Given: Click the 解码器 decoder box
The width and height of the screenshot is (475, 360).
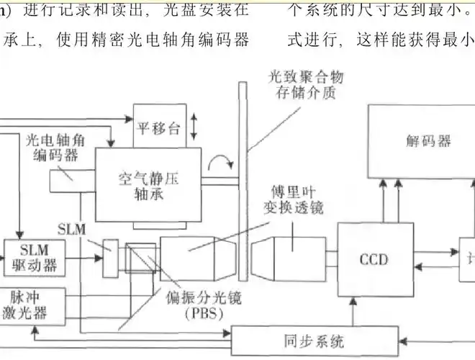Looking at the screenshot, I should tap(420, 141).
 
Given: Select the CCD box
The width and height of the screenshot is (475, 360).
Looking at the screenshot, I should tap(374, 258).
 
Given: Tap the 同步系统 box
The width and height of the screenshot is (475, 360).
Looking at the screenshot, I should tap(314, 338).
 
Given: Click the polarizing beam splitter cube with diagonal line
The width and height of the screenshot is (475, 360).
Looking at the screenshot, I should tap(136, 255).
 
